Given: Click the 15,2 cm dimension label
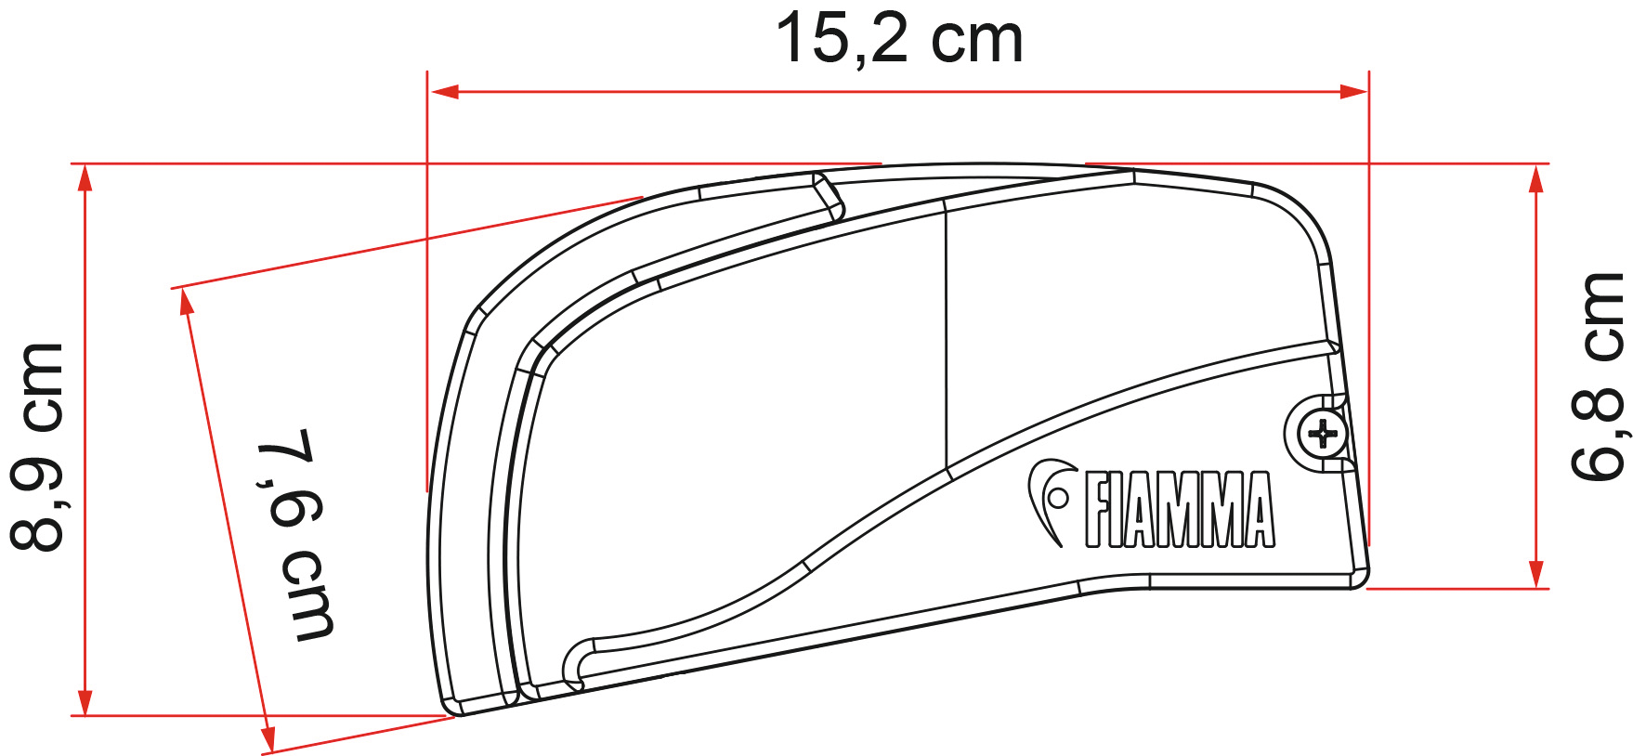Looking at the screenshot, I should (898, 39).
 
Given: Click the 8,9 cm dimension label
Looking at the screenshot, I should (37, 446).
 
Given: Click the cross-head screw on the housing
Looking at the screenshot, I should (1322, 434).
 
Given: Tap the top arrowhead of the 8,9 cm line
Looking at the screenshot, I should (85, 176).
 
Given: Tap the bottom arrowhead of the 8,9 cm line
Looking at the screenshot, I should (85, 702).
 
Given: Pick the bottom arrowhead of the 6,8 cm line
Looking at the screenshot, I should (1536, 574).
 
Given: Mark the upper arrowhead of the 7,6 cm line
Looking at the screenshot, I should (187, 301).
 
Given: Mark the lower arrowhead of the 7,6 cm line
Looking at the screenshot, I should (268, 739).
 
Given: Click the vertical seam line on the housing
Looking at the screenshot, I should (945, 334).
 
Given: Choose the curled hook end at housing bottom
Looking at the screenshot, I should (576, 664).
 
